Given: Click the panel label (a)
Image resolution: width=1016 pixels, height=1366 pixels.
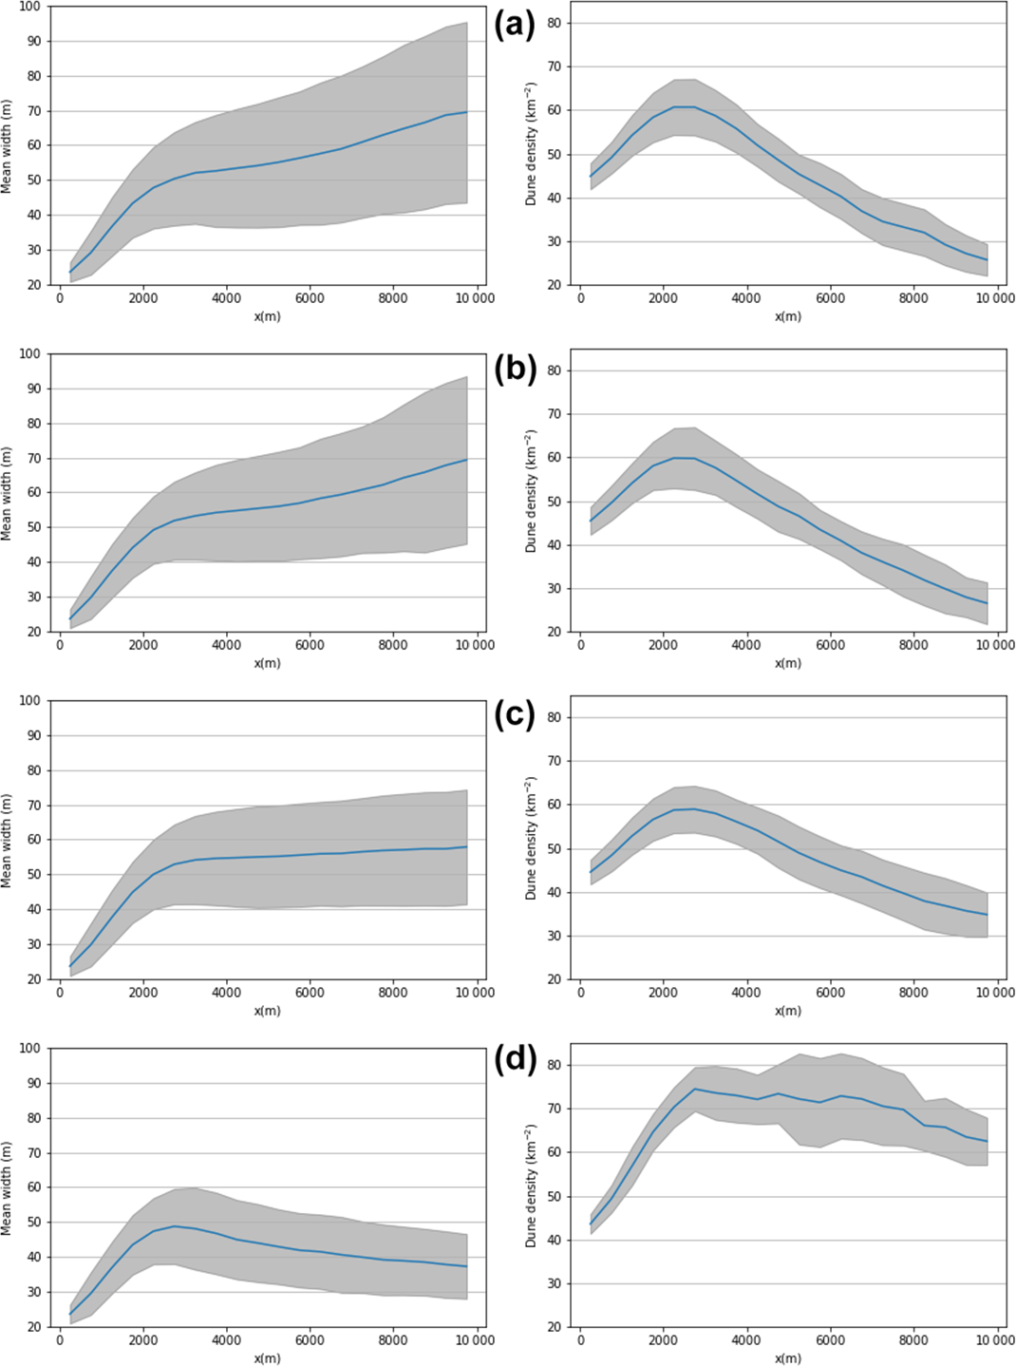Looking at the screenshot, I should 516,25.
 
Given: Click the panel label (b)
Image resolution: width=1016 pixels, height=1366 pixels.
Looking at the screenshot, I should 516,370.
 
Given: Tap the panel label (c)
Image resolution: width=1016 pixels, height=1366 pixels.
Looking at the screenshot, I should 516,715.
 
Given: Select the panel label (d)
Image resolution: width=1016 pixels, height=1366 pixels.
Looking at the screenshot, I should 516,1058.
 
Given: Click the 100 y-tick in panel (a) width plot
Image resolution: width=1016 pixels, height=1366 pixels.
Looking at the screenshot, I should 30,7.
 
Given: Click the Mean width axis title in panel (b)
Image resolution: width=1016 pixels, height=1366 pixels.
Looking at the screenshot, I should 8,492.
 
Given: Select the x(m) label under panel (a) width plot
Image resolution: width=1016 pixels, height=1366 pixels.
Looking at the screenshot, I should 267,316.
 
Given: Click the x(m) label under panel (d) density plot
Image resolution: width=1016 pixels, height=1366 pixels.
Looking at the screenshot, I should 787,1358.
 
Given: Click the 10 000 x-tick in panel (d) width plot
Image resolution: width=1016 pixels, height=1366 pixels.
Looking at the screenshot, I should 475,1340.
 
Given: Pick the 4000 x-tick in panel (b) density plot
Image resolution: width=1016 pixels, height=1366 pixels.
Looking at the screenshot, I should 746,645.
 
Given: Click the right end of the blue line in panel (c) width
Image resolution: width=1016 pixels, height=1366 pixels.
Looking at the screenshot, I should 467,846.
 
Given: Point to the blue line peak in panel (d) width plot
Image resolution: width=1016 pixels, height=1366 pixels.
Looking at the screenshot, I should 175,1225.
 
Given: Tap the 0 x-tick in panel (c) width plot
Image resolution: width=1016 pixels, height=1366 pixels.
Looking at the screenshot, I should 60,993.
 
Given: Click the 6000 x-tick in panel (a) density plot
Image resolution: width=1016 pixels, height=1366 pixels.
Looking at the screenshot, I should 830,298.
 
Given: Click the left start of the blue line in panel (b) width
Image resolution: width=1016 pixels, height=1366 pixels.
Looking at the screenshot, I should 70,619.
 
